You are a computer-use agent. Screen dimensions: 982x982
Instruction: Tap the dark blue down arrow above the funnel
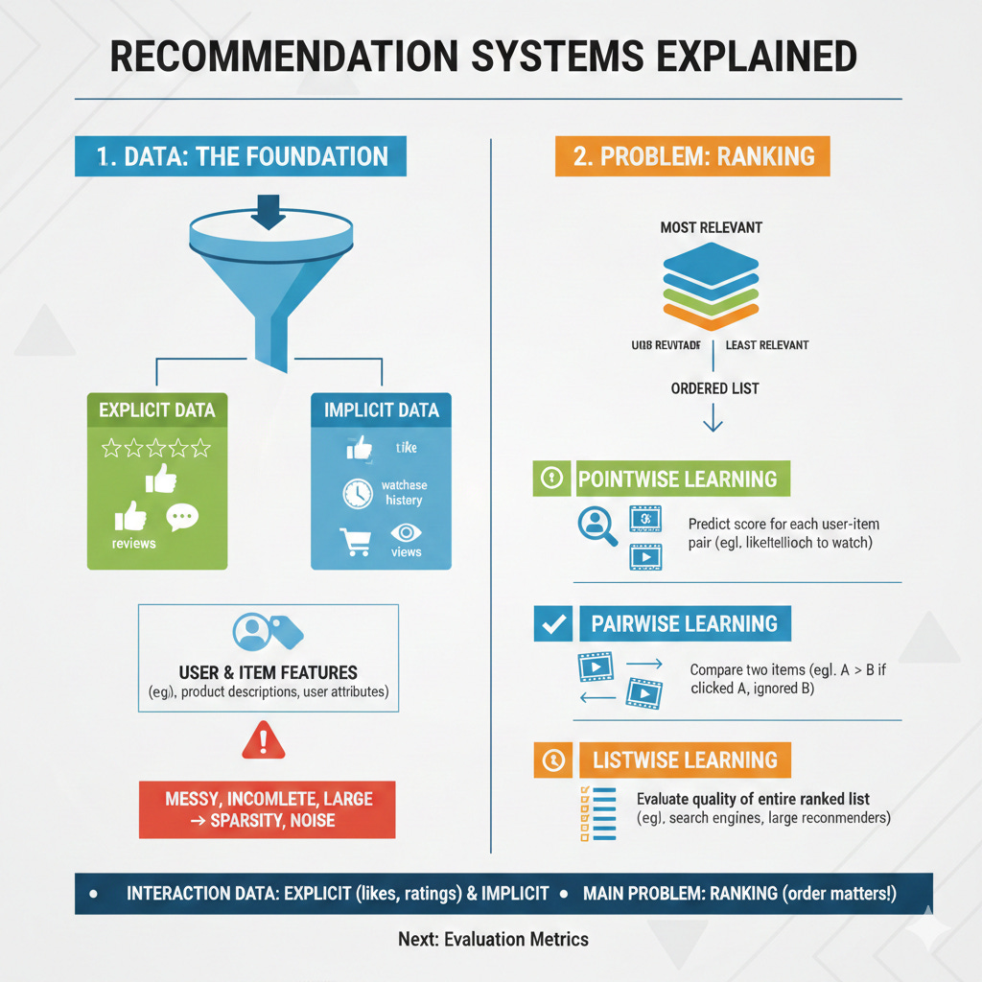tap(268, 212)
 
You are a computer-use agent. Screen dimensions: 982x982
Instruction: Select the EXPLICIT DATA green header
tap(157, 410)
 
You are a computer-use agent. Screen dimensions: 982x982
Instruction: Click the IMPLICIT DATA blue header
tap(381, 409)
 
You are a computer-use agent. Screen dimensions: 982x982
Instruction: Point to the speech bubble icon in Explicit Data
tap(182, 518)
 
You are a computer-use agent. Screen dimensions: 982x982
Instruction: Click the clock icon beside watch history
tap(357, 493)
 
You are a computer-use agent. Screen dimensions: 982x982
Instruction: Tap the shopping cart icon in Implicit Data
tap(354, 543)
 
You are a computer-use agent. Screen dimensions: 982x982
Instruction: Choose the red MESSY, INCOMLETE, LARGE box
tap(267, 809)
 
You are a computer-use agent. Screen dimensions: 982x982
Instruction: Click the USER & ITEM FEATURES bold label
tap(269, 672)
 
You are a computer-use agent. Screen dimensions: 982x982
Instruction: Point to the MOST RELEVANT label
tap(711, 227)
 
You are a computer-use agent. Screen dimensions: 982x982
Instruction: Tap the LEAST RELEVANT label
tap(767, 344)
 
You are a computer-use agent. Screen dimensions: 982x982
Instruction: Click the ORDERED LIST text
tap(715, 388)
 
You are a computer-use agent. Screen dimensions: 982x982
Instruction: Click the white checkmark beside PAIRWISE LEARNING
tap(551, 624)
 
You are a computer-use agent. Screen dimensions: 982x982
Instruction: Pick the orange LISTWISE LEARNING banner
tap(684, 760)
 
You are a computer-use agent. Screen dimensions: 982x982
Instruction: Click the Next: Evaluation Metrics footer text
tap(493, 939)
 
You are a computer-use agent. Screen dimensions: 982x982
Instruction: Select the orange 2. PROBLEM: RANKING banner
tap(692, 156)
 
